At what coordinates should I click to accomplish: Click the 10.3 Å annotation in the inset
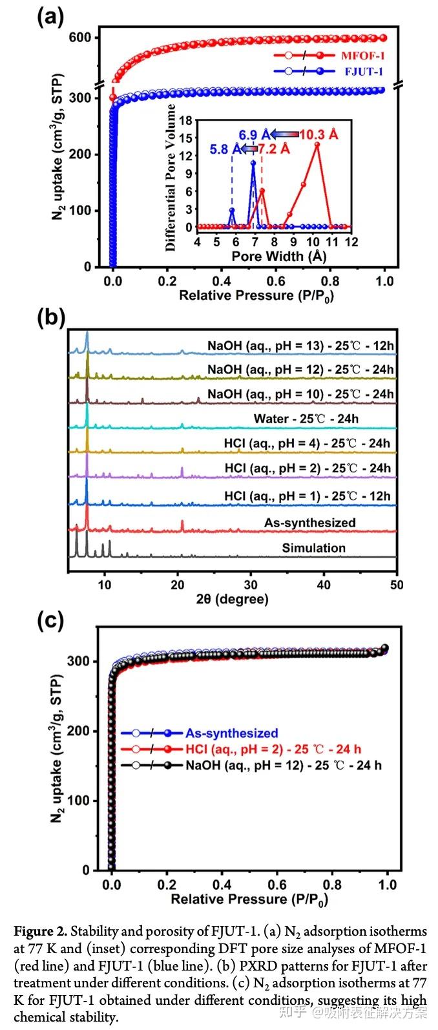click(x=317, y=134)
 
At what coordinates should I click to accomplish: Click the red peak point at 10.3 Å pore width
click(x=317, y=144)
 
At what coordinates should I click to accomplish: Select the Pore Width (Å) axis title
click(x=279, y=256)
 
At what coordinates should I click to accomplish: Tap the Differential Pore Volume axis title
click(x=171, y=177)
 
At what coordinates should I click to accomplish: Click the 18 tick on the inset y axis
click(x=187, y=120)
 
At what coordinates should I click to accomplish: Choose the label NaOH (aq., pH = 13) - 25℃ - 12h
click(x=300, y=346)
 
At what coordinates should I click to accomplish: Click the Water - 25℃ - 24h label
click(x=306, y=419)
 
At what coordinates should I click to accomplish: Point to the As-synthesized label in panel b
click(x=309, y=522)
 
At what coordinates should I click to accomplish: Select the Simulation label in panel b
click(x=313, y=548)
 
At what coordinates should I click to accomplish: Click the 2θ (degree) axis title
click(x=233, y=600)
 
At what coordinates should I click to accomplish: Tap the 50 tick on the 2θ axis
click(x=396, y=585)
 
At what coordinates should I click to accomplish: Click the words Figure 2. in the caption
click(x=40, y=932)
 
